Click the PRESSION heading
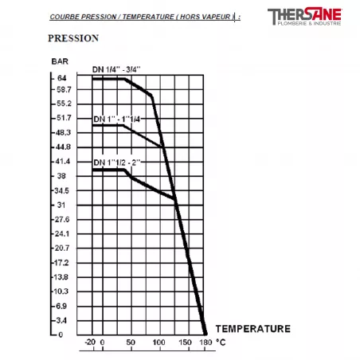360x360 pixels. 72,37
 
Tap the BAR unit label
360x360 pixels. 60,61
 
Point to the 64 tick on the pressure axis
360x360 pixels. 62,77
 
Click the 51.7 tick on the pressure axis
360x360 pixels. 65,118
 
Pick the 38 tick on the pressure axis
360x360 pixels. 62,175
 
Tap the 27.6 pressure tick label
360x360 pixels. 65,219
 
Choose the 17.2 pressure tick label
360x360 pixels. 65,262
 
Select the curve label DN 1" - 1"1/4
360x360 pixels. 116,119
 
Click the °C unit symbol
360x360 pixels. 221,343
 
